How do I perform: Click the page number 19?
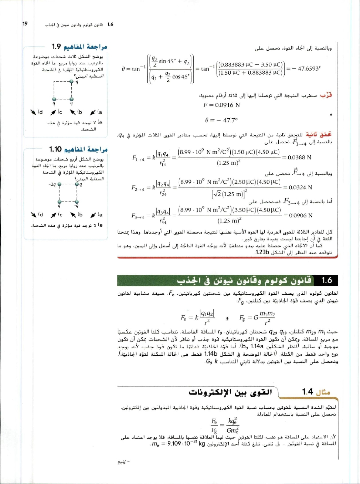pyautogui.click(x=25, y=24)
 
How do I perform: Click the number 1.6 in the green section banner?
pyautogui.click(x=327, y=280)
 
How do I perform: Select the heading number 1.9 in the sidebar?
pyautogui.click(x=56, y=47)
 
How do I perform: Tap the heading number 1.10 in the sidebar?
pyautogui.click(x=55, y=149)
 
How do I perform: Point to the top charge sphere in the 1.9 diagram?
pyautogui.click(x=72, y=82)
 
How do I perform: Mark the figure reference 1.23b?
pyautogui.click(x=262, y=252)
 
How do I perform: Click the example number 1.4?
pyautogui.click(x=308, y=392)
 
